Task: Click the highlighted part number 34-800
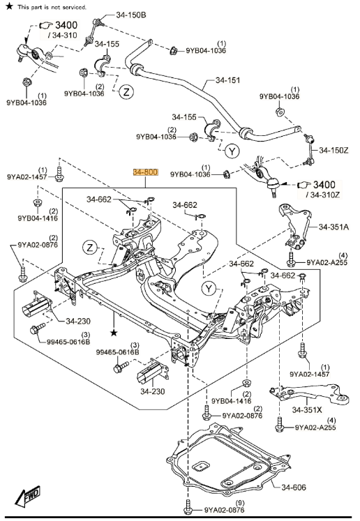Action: (x=147, y=172)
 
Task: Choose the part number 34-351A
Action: (x=334, y=227)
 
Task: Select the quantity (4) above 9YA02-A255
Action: (x=343, y=255)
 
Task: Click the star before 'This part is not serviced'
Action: (x=10, y=6)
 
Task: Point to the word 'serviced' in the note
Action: (x=73, y=7)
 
